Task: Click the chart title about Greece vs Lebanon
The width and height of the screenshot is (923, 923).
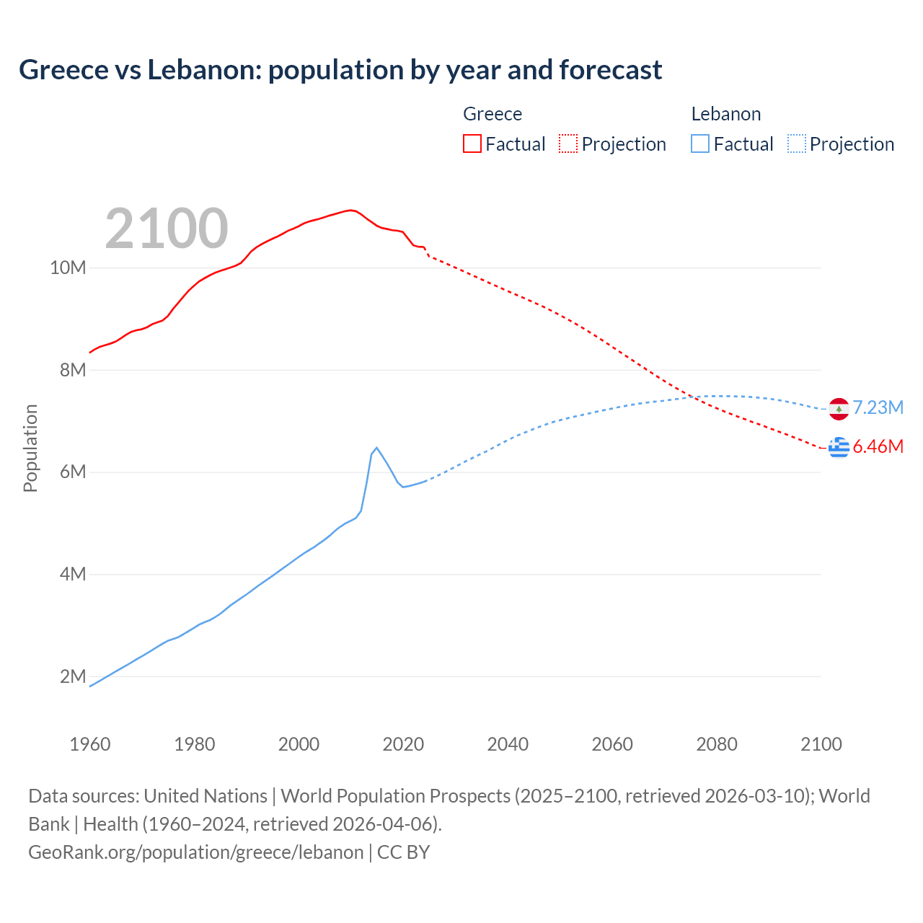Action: [x=340, y=70]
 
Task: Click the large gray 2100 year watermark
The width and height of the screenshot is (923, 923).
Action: [x=167, y=229]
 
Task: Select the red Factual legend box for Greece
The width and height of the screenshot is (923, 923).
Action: [x=472, y=143]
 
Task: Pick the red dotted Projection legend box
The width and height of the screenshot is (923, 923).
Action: [x=568, y=143]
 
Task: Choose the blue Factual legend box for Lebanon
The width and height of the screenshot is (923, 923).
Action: [x=699, y=143]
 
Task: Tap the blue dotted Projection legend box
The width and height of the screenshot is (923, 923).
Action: [x=796, y=143]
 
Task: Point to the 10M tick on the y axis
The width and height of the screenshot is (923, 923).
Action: [x=68, y=268]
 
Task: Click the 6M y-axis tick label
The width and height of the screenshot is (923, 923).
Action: [x=72, y=472]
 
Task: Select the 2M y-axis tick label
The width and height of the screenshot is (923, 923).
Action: [x=72, y=676]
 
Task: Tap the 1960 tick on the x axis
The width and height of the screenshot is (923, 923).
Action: [x=90, y=744]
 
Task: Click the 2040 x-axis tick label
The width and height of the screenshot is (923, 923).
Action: [x=508, y=744]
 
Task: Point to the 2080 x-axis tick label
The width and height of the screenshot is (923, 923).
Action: [x=717, y=744]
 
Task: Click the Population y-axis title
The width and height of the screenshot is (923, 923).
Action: [x=30, y=448]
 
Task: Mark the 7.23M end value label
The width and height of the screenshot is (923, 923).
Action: [x=878, y=408]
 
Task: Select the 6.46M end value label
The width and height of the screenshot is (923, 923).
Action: [x=878, y=447]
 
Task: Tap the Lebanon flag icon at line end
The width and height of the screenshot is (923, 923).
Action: [x=839, y=409]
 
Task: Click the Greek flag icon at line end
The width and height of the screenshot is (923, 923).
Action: [x=839, y=447]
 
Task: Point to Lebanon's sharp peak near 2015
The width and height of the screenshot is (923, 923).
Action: [x=376, y=448]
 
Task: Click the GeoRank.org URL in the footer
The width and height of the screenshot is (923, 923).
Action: [x=195, y=852]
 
